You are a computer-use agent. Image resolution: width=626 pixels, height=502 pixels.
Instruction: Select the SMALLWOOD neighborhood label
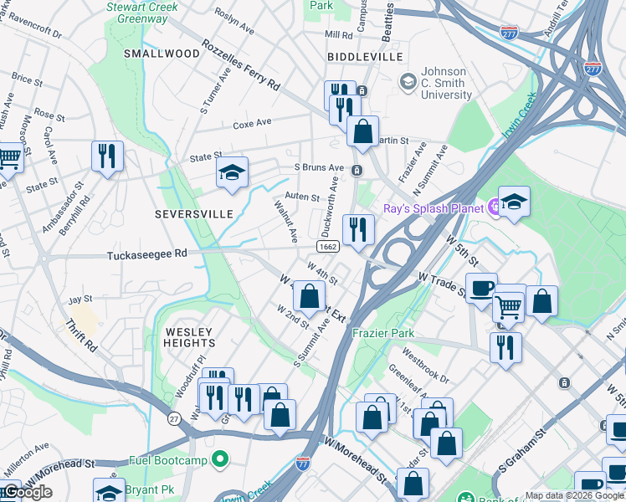[x=162, y=54]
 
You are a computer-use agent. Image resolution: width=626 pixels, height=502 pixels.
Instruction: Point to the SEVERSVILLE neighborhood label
[x=194, y=214]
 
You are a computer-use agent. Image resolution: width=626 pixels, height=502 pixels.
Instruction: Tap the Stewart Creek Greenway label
[x=137, y=12]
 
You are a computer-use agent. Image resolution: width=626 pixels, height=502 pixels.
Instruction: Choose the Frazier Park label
[x=383, y=333]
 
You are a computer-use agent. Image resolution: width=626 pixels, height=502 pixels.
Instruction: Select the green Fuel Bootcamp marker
[x=220, y=459]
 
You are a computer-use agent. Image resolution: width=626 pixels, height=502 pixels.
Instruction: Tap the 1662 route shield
[x=328, y=247]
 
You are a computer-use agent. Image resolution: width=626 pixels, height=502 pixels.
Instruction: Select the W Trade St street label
[x=440, y=283]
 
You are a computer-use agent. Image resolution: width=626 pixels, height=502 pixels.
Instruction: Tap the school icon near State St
[x=232, y=172]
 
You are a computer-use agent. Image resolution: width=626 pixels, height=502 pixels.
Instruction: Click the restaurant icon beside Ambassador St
[x=107, y=156]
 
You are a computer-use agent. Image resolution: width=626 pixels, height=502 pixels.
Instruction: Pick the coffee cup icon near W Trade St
[x=481, y=289]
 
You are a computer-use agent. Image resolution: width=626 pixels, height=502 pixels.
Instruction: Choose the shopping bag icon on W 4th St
[x=309, y=295]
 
